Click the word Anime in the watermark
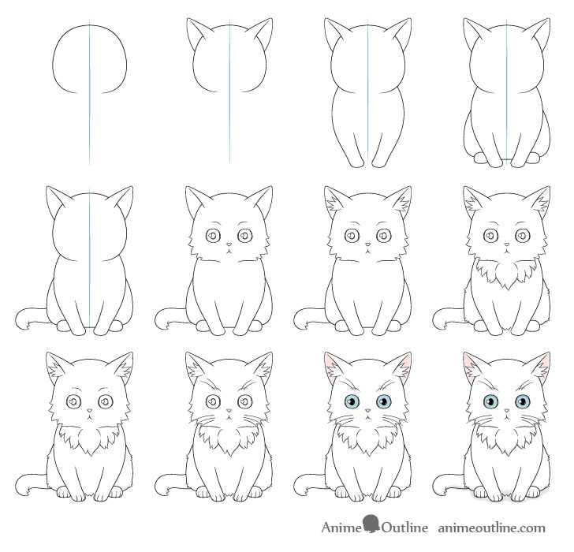(x=340, y=528)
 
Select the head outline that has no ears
(x=90, y=59)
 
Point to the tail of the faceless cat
(x=28, y=319)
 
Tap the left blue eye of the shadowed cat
(x=489, y=403)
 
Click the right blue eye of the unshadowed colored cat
(x=385, y=403)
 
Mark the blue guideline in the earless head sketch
(x=90, y=118)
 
